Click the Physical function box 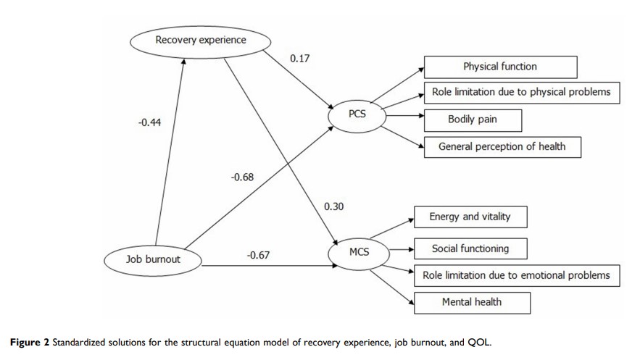point(500,67)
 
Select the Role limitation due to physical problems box point(521,92)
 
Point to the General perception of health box point(500,146)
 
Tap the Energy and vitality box point(469,217)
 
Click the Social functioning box point(470,248)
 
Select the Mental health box point(471,301)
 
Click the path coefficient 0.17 point(299,58)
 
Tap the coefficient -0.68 point(241,178)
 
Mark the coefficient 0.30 point(333,206)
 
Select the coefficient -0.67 point(259,255)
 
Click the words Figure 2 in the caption point(26,340)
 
